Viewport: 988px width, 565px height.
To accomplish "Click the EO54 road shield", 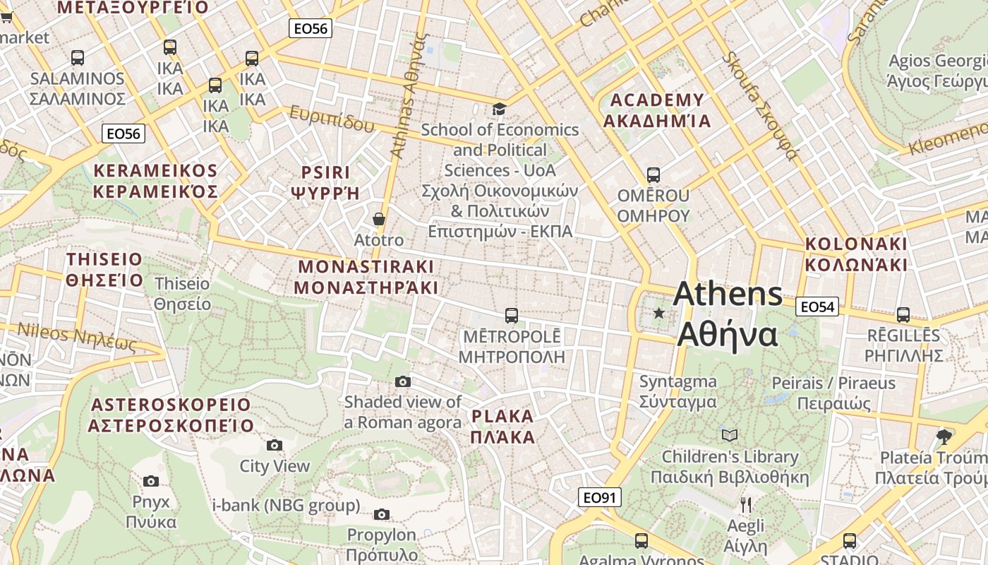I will pyautogui.click(x=817, y=307).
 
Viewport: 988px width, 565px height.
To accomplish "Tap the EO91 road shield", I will pyautogui.click(x=599, y=497).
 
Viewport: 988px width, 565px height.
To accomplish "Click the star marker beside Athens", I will pyautogui.click(x=659, y=312).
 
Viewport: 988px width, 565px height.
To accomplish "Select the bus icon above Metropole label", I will pyautogui.click(x=512, y=315).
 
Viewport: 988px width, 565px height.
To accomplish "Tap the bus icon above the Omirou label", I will pyautogui.click(x=653, y=174).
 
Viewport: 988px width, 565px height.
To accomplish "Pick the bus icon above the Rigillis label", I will pyautogui.click(x=903, y=315).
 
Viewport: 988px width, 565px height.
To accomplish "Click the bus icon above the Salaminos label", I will pyautogui.click(x=78, y=58).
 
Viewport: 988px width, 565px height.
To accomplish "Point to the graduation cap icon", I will pyautogui.click(x=499, y=109).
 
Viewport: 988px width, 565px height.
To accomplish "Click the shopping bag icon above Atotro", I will pyautogui.click(x=379, y=219).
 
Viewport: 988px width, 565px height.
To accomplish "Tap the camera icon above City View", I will pyautogui.click(x=275, y=445).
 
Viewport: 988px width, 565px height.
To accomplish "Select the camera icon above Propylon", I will pyautogui.click(x=382, y=514).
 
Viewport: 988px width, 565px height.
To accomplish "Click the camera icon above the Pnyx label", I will pyautogui.click(x=151, y=482).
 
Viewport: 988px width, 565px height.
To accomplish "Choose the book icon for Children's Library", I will pyautogui.click(x=729, y=435).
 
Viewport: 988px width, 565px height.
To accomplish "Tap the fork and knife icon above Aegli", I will pyautogui.click(x=746, y=505).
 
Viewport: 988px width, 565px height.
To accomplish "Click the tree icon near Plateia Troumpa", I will pyautogui.click(x=944, y=436).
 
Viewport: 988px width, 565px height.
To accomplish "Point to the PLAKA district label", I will pyautogui.click(x=502, y=426).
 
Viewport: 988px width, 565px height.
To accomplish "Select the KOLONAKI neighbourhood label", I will pyautogui.click(x=856, y=254).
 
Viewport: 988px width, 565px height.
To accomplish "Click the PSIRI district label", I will pyautogui.click(x=325, y=182).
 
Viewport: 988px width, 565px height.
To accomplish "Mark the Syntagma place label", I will pyautogui.click(x=677, y=392).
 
